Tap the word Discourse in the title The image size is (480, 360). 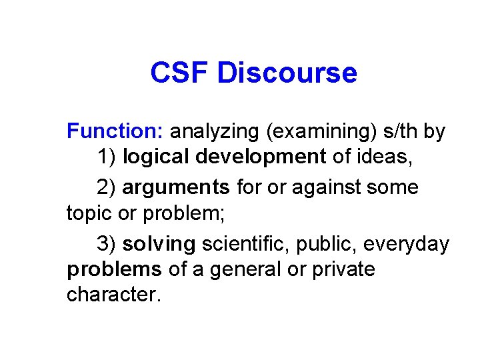pyautogui.click(x=287, y=73)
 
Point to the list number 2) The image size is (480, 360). pyautogui.click(x=107, y=187)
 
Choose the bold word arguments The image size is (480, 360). pyautogui.click(x=176, y=188)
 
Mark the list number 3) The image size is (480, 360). pyautogui.click(x=107, y=244)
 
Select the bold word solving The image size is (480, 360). pyautogui.click(x=159, y=245)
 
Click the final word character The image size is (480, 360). pyautogui.click(x=113, y=295)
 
